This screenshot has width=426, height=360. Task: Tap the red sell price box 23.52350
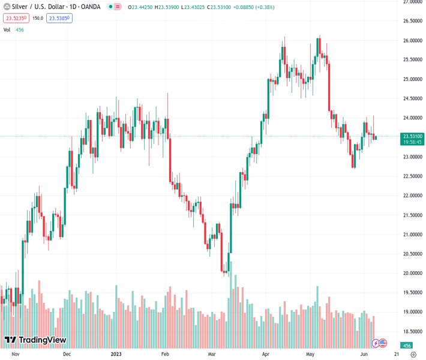click(x=16, y=18)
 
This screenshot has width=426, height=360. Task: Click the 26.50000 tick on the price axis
click(x=412, y=21)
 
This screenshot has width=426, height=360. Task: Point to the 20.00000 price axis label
click(x=412, y=273)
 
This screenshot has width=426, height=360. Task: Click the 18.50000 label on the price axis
click(x=412, y=331)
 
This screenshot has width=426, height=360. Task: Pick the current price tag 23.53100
click(x=412, y=136)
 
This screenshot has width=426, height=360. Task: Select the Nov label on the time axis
click(x=16, y=355)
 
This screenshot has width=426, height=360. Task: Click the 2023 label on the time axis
click(x=116, y=355)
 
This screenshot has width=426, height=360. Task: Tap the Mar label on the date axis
click(x=212, y=355)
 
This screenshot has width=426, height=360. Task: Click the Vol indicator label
click(x=7, y=29)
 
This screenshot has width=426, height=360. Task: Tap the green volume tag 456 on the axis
click(x=407, y=346)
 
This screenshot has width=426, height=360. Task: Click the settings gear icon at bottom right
click(x=413, y=355)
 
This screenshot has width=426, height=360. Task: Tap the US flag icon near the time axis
click(x=383, y=343)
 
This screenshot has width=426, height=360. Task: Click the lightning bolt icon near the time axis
click(x=376, y=343)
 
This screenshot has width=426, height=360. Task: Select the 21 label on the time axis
click(x=397, y=355)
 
